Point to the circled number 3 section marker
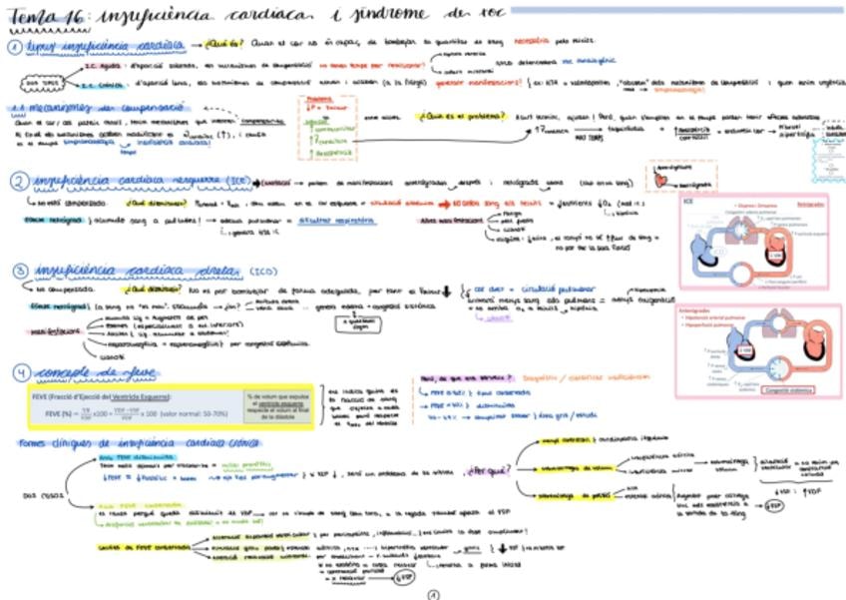(x=20, y=271)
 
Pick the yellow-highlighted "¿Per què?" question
(x=486, y=468)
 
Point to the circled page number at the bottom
(x=433, y=593)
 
